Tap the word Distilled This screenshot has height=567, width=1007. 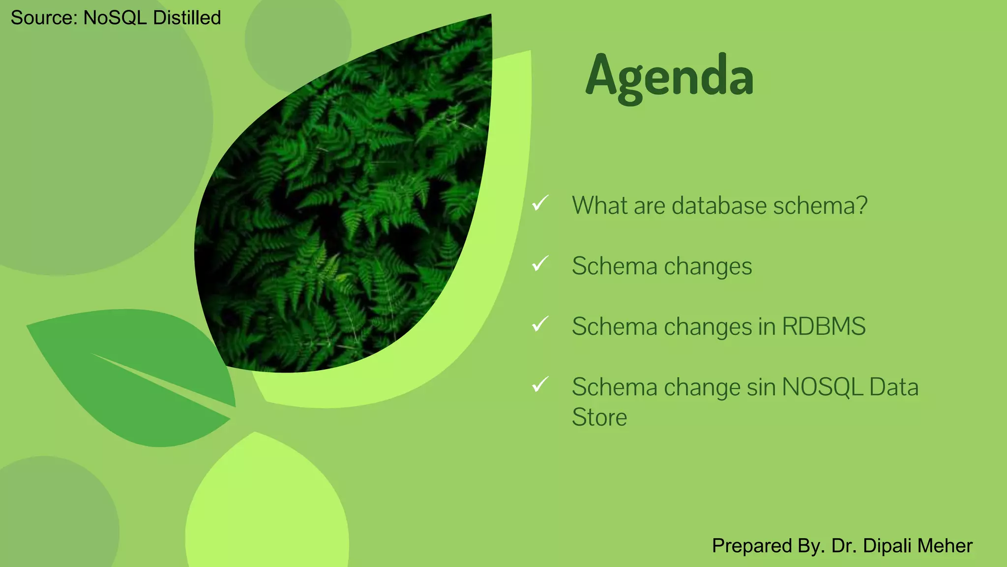click(186, 18)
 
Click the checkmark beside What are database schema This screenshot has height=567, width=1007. click(540, 203)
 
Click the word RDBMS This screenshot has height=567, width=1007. click(824, 327)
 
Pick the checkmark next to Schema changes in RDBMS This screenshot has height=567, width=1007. click(540, 324)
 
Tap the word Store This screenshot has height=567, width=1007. click(599, 417)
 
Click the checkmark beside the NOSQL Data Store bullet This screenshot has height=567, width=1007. click(540, 384)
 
